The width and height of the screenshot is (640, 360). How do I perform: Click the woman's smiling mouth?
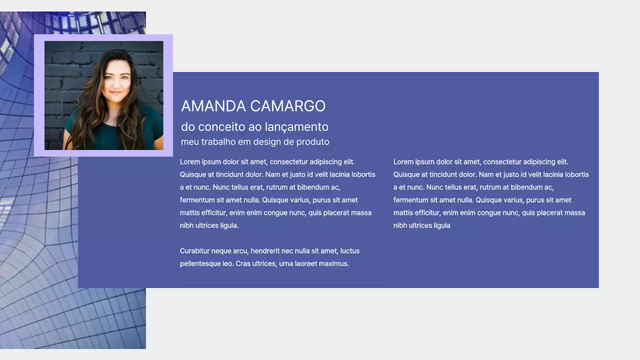(115, 93)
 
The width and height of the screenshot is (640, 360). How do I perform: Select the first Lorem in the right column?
(403, 162)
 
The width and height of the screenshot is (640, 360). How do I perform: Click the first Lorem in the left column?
(189, 162)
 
